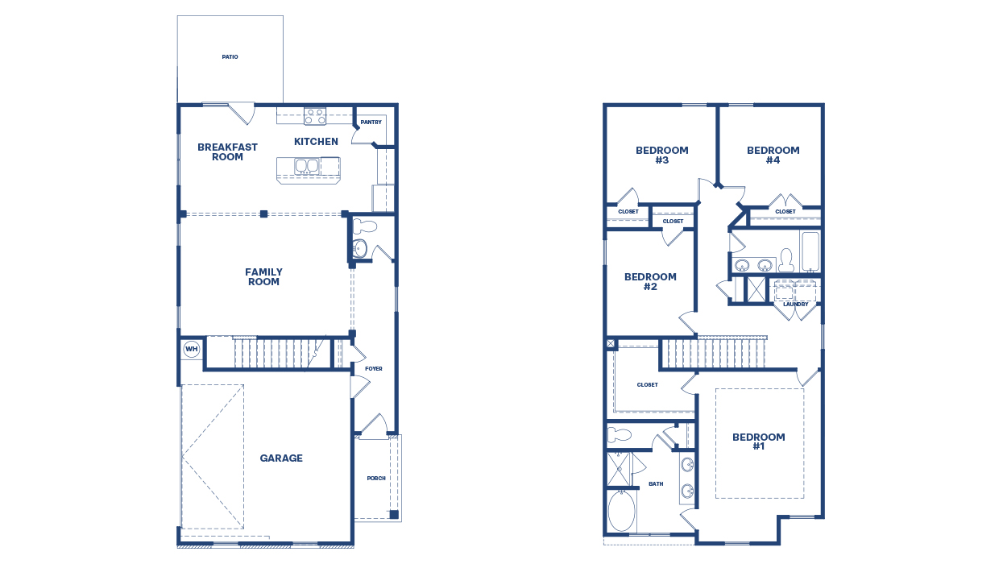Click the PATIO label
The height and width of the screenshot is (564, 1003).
pos(230,57)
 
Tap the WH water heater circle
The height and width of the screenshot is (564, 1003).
pos(191,349)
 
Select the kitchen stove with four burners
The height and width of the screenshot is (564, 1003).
pos(314,116)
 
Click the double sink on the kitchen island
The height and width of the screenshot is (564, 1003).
pos(306,166)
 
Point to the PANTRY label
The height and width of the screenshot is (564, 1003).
pos(371,122)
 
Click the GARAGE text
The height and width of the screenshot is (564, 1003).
pos(281,458)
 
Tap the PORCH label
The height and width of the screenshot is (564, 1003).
pos(376,479)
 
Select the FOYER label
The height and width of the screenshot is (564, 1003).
pos(374,369)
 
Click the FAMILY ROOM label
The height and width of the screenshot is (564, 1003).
pos(263,277)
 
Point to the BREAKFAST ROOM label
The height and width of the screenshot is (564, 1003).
pos(227,151)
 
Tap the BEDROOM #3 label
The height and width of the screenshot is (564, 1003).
pos(662,155)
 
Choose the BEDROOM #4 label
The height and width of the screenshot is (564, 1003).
pos(773,155)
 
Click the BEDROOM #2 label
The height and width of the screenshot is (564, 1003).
pos(651,281)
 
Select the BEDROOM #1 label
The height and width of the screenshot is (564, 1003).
pos(759,442)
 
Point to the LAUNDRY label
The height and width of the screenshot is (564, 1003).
pos(795,305)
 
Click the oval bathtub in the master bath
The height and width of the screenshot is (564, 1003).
pos(621,511)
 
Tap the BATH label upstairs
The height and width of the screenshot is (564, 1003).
pos(657,484)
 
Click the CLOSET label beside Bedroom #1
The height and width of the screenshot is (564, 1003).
pos(648,385)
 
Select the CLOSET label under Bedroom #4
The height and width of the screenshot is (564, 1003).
pos(785,212)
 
